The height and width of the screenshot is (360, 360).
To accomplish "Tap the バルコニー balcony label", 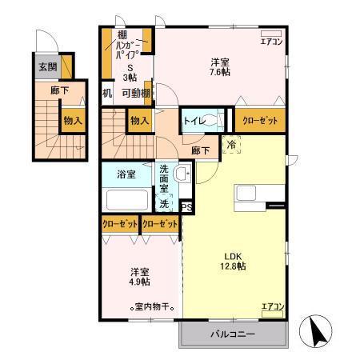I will [233, 334].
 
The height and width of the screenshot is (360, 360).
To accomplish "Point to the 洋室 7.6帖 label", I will [222, 66].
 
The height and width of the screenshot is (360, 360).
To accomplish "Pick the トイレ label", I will [194, 121].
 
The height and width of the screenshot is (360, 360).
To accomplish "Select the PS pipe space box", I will [187, 207].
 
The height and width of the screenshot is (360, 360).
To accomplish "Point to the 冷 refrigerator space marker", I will [230, 146].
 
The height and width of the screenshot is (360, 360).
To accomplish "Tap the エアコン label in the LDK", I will [272, 306].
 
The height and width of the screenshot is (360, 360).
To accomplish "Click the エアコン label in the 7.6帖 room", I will [271, 41].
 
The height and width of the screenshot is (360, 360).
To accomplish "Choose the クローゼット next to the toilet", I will [258, 120].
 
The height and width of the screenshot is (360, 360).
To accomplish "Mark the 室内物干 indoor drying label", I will [153, 307].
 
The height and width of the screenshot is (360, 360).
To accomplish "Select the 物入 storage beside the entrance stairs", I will [73, 121].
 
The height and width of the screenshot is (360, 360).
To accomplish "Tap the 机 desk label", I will [107, 93].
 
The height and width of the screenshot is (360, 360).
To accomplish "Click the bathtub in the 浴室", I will [126, 200].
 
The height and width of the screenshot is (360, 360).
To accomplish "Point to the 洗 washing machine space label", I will [163, 203].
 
